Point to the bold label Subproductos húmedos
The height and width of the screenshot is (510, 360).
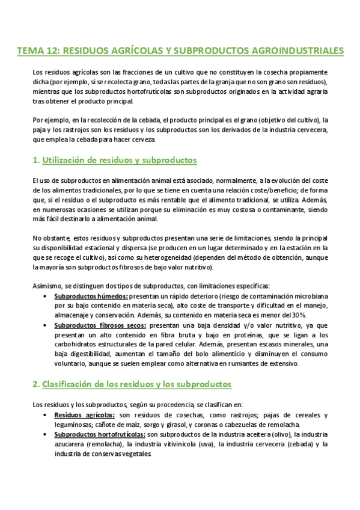click(x=90, y=296)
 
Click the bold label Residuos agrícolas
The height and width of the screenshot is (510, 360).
click(x=84, y=415)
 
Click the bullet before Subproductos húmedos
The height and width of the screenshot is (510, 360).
click(x=46, y=296)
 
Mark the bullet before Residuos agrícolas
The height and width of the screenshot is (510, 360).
click(x=46, y=415)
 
